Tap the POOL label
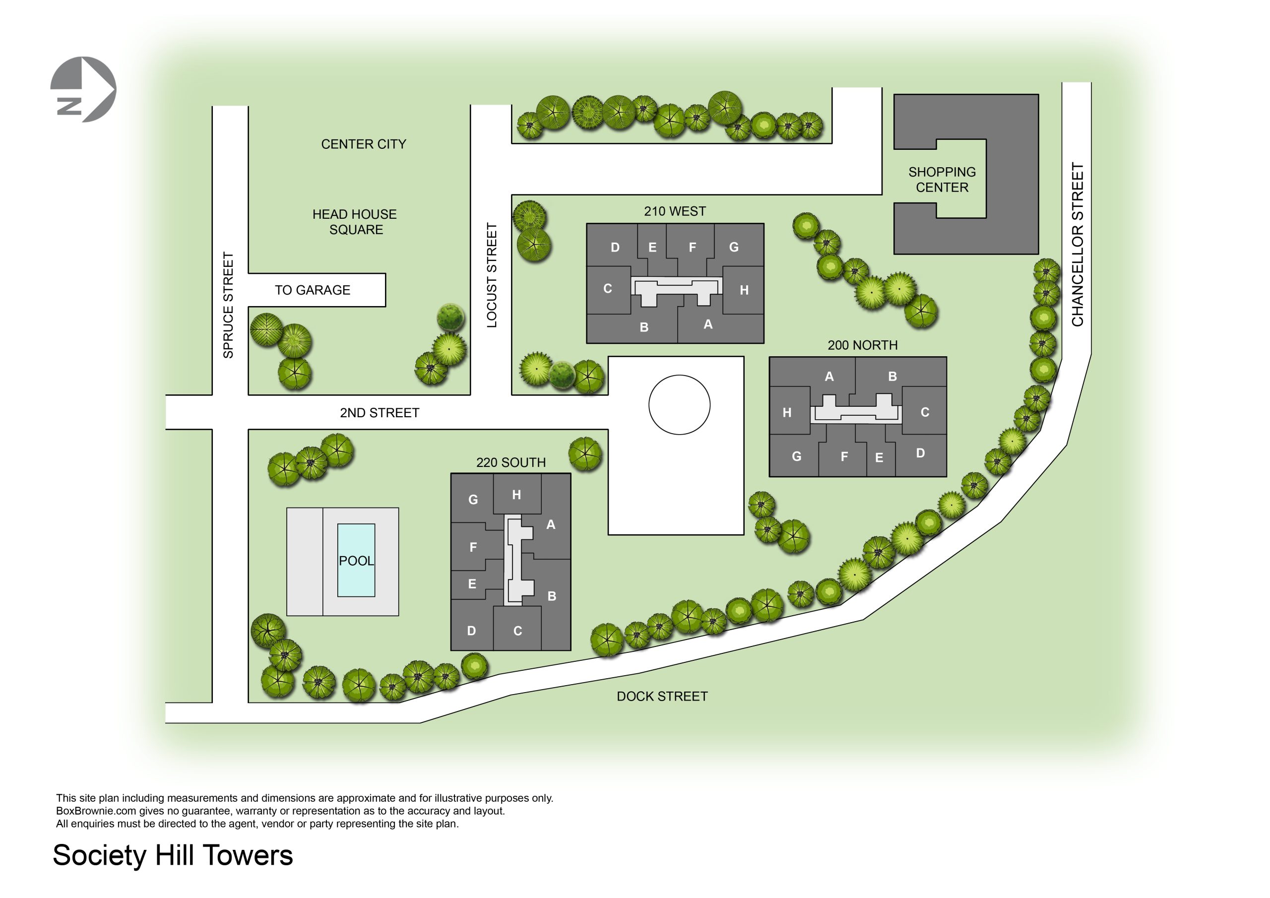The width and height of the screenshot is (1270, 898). click(356, 561)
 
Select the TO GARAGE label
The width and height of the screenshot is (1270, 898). click(313, 290)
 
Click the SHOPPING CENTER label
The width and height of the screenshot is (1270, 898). click(942, 180)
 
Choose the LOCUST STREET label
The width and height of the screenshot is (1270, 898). click(492, 275)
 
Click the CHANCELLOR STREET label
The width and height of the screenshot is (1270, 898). click(1077, 244)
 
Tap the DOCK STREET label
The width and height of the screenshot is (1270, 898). click(662, 696)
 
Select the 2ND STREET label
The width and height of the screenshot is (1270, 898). click(380, 413)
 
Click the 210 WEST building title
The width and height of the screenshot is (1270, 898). click(675, 211)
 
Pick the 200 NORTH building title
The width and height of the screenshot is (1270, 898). click(862, 345)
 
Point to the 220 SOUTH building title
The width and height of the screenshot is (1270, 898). click(510, 462)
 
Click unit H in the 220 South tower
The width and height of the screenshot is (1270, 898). click(516, 495)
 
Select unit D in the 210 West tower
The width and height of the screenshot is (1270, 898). click(615, 248)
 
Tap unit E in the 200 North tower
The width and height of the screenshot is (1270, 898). click(879, 457)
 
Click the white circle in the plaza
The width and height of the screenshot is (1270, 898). click(679, 404)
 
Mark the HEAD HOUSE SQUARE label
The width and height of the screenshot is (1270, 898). click(355, 222)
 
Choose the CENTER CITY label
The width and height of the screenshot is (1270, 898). click(364, 144)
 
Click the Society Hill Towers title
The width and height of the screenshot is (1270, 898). click(173, 855)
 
